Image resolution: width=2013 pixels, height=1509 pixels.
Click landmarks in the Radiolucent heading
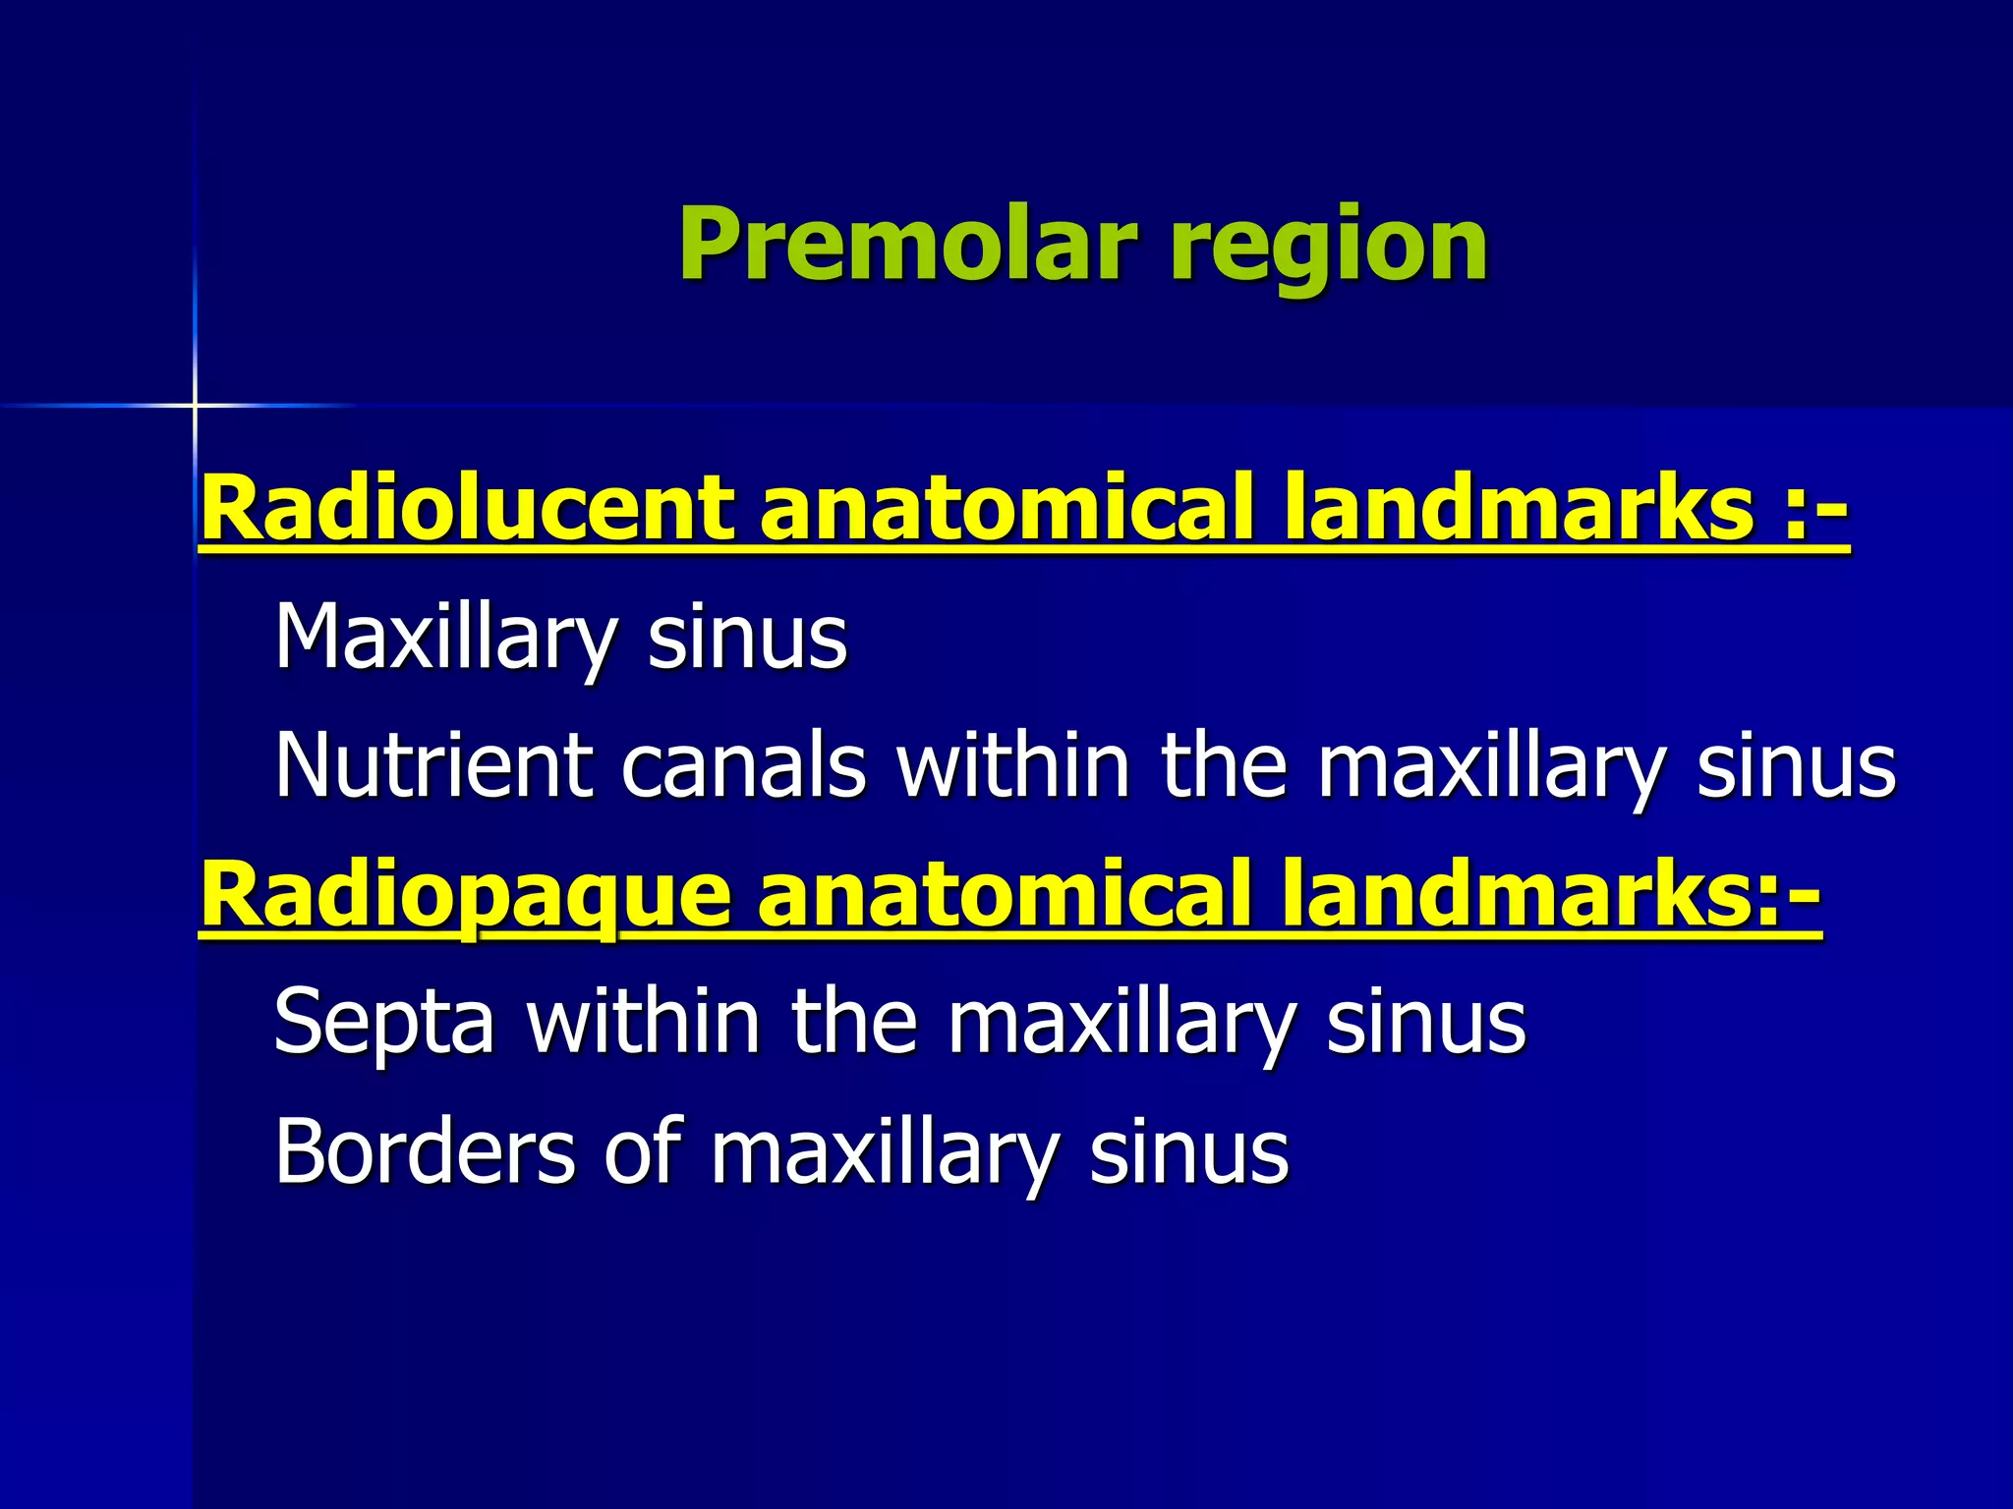pyautogui.click(x=1518, y=508)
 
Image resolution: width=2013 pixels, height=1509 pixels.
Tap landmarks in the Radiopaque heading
pyautogui.click(x=1518, y=894)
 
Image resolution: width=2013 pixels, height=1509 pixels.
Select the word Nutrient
pyautogui.click(x=433, y=765)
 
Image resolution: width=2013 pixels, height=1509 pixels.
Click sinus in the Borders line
pyautogui.click(x=1188, y=1150)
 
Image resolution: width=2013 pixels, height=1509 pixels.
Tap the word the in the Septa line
pyautogui.click(x=853, y=1021)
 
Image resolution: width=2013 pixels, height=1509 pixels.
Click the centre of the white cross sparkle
pyautogui.click(x=195, y=405)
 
